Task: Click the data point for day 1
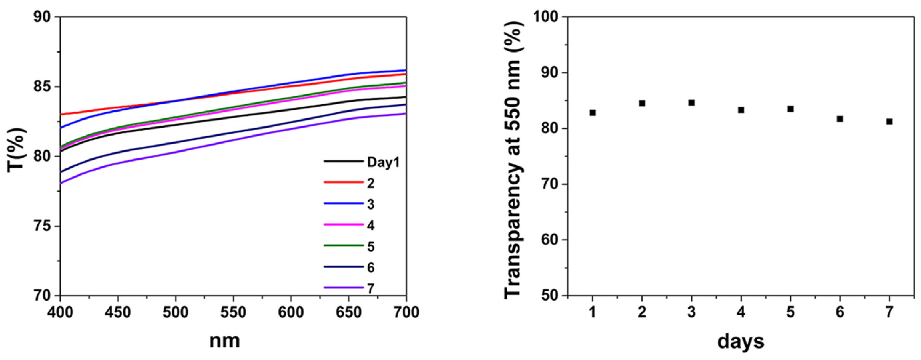592,112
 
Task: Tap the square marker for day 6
840,119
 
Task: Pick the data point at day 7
890,122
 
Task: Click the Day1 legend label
383,163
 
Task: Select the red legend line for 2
344,182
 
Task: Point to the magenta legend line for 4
344,224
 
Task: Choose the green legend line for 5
344,246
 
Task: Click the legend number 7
371,288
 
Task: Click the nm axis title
224,341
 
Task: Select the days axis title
741,341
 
